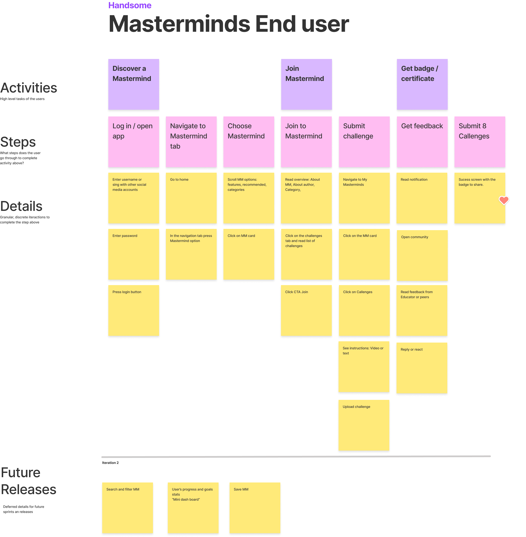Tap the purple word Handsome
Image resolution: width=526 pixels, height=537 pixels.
[x=130, y=5]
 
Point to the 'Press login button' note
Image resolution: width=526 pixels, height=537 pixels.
[x=134, y=310]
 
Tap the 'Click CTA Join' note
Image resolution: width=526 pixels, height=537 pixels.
[x=306, y=310]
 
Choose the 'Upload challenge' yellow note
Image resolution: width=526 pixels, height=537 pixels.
[x=364, y=425]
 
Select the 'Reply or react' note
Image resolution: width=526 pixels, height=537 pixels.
[x=422, y=368]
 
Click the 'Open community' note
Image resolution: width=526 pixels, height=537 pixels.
[x=422, y=256]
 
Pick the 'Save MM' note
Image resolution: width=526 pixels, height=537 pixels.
[x=255, y=508]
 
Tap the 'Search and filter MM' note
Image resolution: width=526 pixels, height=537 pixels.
[x=128, y=508]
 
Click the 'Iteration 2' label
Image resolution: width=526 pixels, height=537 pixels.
[x=110, y=463]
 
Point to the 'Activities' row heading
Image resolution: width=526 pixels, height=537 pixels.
[x=29, y=88]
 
